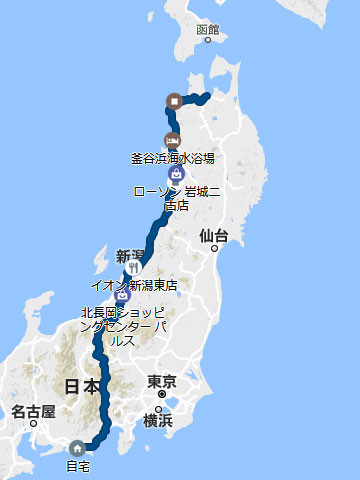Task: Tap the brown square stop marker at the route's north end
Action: point(175,100)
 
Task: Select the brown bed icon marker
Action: point(172,140)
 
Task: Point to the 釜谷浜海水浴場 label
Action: point(172,158)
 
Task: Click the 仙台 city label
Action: point(214,236)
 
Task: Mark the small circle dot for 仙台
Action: point(213,250)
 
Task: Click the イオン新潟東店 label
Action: point(133,285)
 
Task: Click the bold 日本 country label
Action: point(81,387)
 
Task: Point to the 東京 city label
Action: point(162,381)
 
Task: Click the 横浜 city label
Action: point(158,420)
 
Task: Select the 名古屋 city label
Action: point(32,411)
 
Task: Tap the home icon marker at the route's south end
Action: point(77,448)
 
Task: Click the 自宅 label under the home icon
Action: point(78,466)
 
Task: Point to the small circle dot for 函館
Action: point(208,41)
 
